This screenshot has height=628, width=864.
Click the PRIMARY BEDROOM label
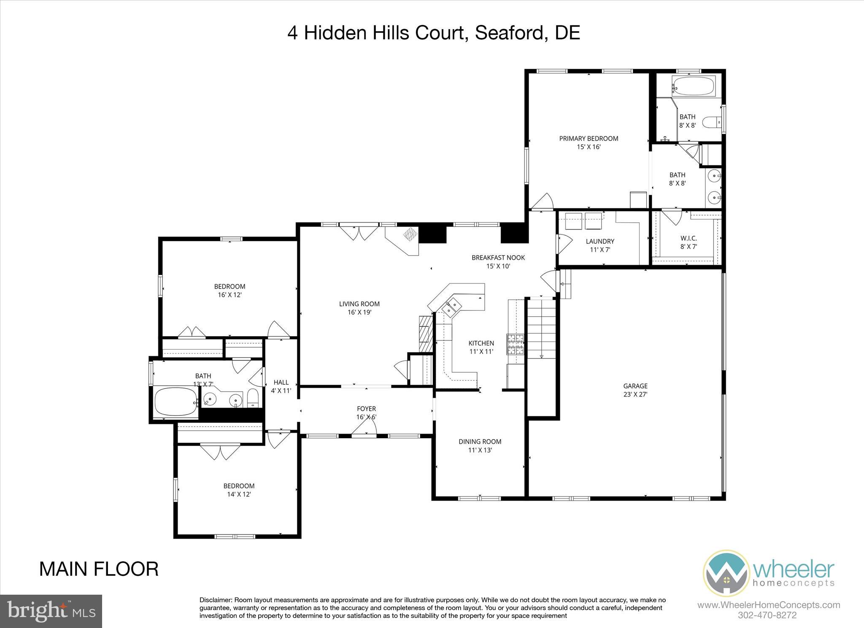pyautogui.click(x=589, y=138)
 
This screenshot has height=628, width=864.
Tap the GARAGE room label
pyautogui.click(x=635, y=386)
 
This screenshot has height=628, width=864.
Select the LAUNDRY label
pyautogui.click(x=600, y=241)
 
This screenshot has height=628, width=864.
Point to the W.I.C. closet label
pyautogui.click(x=688, y=238)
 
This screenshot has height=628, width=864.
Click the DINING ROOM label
pyautogui.click(x=480, y=442)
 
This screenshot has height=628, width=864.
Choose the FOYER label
pyautogui.click(x=366, y=409)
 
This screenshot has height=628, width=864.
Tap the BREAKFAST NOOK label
pyautogui.click(x=498, y=258)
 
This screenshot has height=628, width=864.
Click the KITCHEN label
pyautogui.click(x=481, y=343)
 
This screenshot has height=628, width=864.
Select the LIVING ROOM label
pyautogui.click(x=359, y=304)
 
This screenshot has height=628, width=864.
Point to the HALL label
pyautogui.click(x=281, y=383)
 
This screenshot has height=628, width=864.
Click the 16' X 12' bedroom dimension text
pyautogui.click(x=229, y=295)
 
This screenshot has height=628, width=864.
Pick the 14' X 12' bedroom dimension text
pyautogui.click(x=239, y=494)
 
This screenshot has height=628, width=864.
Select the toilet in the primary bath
pyautogui.click(x=713, y=122)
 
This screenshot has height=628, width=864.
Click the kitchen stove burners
pyautogui.click(x=515, y=344)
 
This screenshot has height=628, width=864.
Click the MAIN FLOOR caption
pyautogui.click(x=99, y=569)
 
